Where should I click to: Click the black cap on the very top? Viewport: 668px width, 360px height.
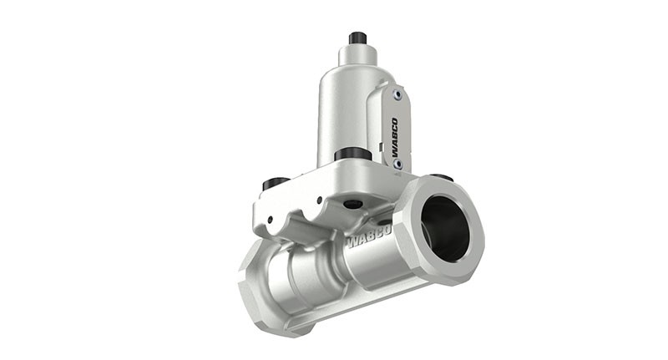pos(357,38)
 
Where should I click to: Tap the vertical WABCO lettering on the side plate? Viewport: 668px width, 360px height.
pos(394,137)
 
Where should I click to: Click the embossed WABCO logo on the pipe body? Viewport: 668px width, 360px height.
pos(369,237)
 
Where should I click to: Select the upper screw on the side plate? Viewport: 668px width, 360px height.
pos(397,95)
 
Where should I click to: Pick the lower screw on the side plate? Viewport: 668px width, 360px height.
pos(397,164)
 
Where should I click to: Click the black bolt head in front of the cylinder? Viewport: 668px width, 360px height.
pos(353,155)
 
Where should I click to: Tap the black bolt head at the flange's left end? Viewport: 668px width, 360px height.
pos(276,183)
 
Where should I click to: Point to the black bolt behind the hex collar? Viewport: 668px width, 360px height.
pos(441,176)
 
